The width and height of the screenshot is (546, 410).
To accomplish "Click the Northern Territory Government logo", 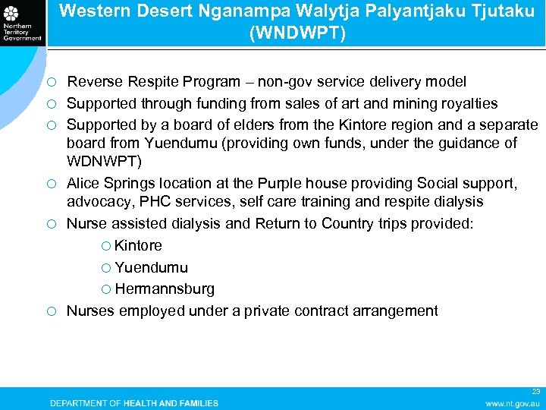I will pos(22,22).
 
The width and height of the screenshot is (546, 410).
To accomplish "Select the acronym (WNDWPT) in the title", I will pos(296,33).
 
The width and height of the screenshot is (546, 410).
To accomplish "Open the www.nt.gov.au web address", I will pos(513,403).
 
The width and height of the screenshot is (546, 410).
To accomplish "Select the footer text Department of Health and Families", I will pos(134,403).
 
